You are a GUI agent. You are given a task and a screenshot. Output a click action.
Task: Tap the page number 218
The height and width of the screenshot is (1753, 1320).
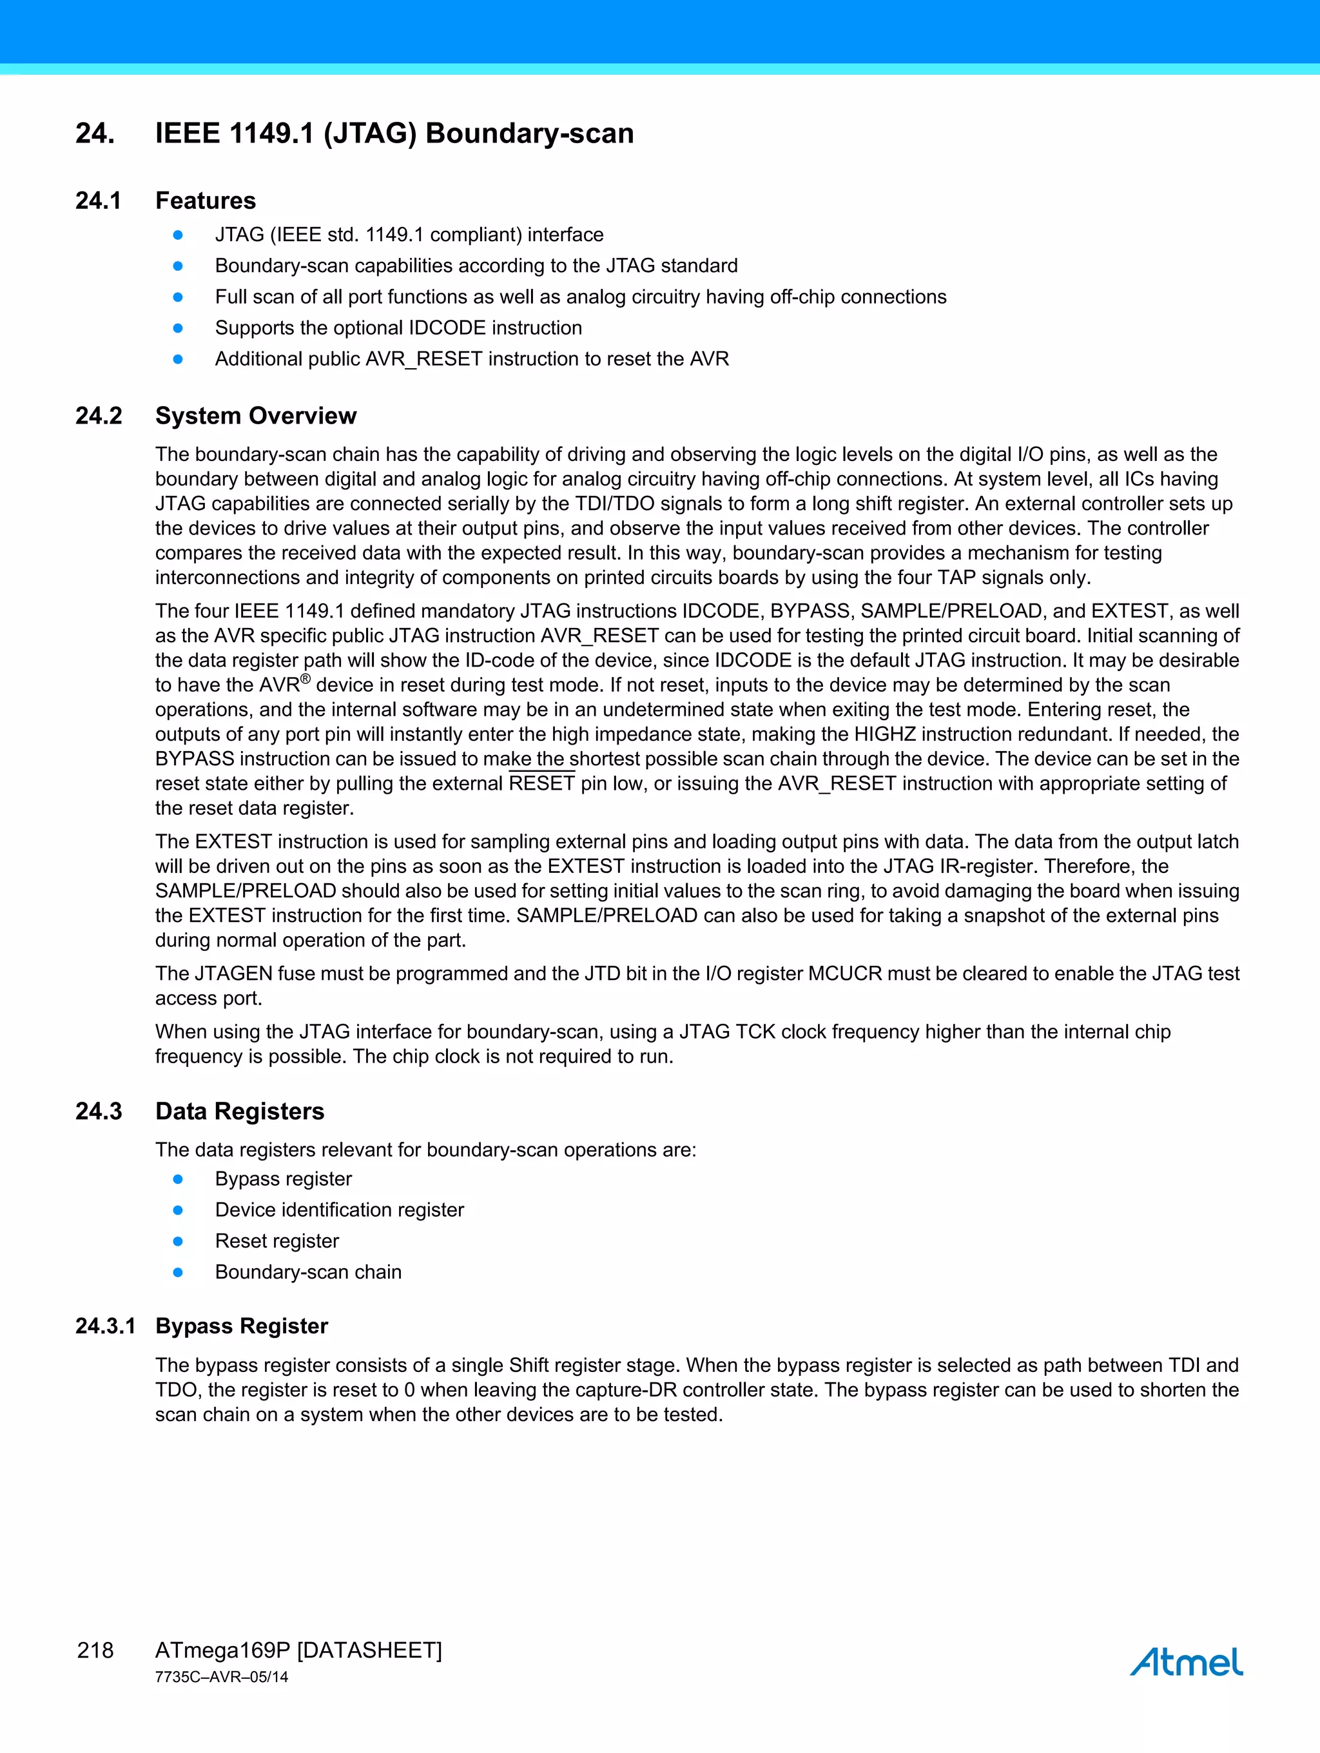pyautogui.click(x=95, y=1650)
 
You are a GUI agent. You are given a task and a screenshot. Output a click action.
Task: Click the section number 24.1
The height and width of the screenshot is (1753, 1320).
pyautogui.click(x=98, y=201)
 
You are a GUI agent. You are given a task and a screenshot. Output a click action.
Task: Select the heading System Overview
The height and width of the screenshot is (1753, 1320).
pyautogui.click(x=255, y=415)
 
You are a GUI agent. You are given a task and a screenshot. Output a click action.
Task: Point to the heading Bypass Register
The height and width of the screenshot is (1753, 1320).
pyautogui.click(x=241, y=1326)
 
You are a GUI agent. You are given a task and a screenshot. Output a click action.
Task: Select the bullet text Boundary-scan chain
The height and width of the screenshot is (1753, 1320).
pyautogui.click(x=308, y=1272)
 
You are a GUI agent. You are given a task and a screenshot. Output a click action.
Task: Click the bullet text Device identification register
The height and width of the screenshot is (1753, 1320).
pyautogui.click(x=339, y=1210)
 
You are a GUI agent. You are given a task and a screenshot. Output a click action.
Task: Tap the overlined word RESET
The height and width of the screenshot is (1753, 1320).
pyautogui.click(x=541, y=784)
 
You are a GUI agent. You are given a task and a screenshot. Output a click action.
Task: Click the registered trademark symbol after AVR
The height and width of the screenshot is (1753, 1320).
pyautogui.click(x=305, y=679)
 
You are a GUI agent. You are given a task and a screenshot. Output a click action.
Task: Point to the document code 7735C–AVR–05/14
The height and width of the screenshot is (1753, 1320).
pyautogui.click(x=221, y=1677)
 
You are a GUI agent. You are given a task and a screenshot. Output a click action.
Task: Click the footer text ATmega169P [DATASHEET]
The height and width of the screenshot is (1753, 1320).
pyautogui.click(x=298, y=1650)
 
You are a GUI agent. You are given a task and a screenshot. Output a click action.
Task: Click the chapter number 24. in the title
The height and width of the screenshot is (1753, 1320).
pyautogui.click(x=94, y=133)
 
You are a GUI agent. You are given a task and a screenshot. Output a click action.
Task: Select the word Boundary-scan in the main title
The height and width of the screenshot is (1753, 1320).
pyautogui.click(x=529, y=133)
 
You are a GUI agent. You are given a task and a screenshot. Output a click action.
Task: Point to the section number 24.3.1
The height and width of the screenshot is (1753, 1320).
pyautogui.click(x=105, y=1326)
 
